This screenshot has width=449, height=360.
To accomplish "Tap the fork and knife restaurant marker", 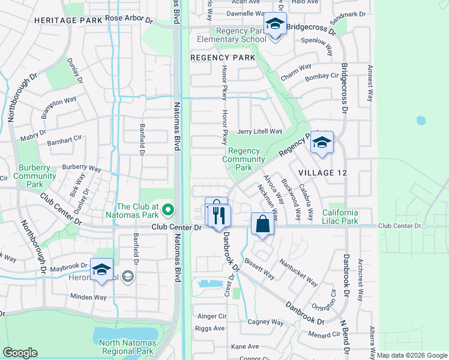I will [x=219, y=215].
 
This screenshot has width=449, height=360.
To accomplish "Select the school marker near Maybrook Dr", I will [x=101, y=269].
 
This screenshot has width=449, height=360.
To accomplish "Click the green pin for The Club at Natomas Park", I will [x=169, y=210].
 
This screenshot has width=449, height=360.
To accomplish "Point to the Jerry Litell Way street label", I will [x=259, y=131].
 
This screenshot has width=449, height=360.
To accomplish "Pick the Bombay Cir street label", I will [x=322, y=77].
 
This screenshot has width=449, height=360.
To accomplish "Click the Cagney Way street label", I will [x=265, y=322].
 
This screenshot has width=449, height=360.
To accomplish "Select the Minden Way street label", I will [x=88, y=297].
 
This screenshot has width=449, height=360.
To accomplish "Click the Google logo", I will [x=19, y=353].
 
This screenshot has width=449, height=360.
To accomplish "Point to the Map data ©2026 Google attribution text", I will [x=411, y=355].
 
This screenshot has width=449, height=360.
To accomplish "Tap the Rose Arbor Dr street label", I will [x=130, y=19].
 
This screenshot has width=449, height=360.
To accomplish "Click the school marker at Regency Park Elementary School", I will [x=275, y=25].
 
